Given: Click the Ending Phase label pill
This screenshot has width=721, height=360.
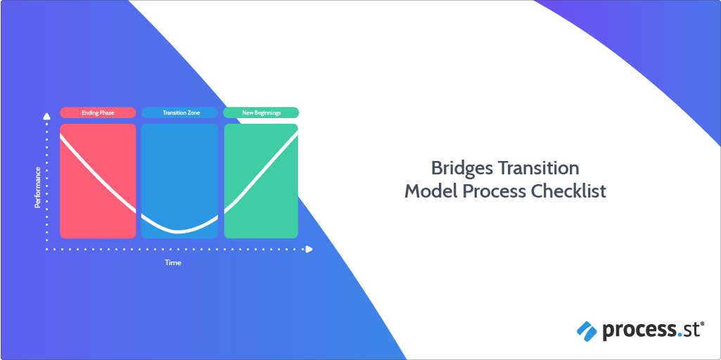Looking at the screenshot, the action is click(x=98, y=112).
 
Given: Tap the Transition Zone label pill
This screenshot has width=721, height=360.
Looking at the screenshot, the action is click(x=179, y=112).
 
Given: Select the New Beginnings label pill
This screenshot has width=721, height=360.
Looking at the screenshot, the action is click(x=261, y=112).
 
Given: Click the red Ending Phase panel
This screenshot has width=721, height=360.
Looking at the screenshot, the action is click(x=98, y=181).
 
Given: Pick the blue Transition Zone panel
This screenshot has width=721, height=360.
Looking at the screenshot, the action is click(x=179, y=181).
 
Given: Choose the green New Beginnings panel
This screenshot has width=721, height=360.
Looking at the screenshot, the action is click(x=261, y=181).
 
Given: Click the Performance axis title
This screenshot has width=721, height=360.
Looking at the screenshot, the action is click(x=38, y=187).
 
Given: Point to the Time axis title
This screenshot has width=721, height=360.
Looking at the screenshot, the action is click(x=173, y=263).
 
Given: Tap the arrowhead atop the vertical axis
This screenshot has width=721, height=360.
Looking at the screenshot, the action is click(x=46, y=116).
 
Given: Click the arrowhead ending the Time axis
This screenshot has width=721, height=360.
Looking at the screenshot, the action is click(x=309, y=249).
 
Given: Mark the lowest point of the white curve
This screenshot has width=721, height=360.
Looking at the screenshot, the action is click(x=179, y=231).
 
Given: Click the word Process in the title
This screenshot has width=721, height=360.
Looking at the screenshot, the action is click(x=495, y=192).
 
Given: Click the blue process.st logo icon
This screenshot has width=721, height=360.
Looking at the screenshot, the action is click(x=587, y=331).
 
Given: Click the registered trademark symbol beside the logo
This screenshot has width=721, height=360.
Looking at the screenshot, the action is click(x=702, y=324).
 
